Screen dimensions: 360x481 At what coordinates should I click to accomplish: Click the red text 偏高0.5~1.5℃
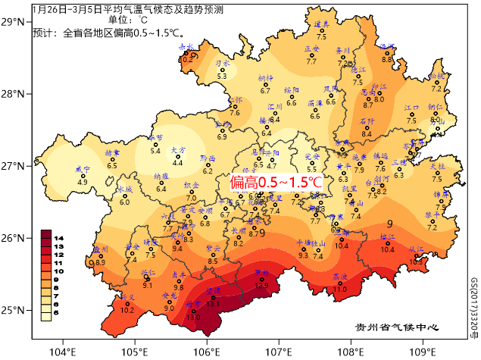point(276,183)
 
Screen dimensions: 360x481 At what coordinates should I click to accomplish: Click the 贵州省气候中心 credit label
point(397,328)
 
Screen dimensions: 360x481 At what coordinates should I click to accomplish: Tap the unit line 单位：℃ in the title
point(128,20)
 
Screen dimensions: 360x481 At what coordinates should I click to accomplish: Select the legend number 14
point(58,238)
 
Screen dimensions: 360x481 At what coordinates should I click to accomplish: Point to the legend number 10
point(58,271)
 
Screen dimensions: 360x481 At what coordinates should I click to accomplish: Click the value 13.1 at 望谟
point(213,304)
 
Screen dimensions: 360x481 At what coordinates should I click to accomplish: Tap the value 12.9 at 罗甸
point(261,286)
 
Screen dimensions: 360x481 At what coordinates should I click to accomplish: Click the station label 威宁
point(83,169)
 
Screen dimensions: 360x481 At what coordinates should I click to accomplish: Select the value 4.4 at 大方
point(178,163)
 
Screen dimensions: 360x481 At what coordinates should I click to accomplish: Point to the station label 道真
point(321,24)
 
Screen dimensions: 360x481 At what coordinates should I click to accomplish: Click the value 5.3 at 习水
point(222,76)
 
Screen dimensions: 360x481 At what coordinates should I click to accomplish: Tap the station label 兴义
point(128,297)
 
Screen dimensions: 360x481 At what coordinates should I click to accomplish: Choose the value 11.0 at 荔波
point(340,290)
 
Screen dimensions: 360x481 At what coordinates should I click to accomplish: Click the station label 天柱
point(437,166)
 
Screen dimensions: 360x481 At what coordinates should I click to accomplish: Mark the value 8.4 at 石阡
point(367,134)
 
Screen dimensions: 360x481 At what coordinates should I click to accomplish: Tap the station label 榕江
point(388,237)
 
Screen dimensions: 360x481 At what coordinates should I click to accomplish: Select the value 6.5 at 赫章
point(112,165)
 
